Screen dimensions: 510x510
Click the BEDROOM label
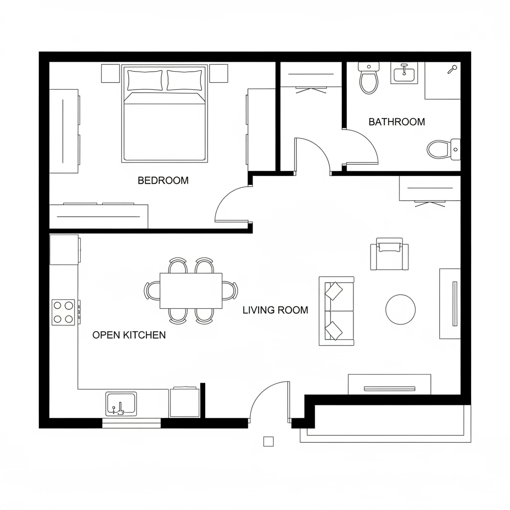163,180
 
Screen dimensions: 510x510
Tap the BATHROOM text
396,122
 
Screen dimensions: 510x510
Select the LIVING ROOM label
275,310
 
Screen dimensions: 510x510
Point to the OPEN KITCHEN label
129,335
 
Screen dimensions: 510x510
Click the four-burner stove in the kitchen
63,312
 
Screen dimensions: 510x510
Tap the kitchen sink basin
121,403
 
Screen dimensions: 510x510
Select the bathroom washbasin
404,74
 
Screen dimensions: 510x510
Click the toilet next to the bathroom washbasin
369,79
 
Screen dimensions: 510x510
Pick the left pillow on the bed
145,80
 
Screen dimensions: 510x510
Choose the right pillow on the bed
184,80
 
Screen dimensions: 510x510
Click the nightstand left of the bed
111,73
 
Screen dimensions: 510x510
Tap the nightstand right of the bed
218,73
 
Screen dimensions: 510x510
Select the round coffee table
400,309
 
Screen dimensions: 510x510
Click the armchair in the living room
389,254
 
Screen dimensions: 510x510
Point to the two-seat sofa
336,311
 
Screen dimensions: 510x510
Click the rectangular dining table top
191,291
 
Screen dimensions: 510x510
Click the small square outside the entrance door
268,441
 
